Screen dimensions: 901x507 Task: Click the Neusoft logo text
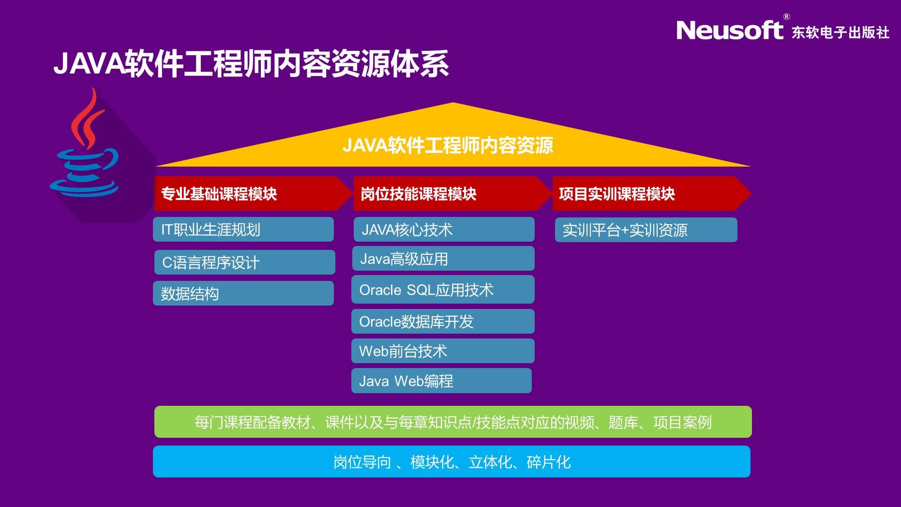click(729, 30)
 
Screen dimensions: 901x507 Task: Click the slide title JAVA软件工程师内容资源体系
click(251, 63)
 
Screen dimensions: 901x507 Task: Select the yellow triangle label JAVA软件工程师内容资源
click(448, 145)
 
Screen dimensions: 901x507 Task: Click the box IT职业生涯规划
click(243, 229)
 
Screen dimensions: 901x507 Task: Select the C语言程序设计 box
click(245, 262)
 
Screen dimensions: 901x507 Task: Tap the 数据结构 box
click(243, 293)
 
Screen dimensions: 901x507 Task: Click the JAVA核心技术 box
click(444, 229)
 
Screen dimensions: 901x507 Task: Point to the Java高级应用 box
click(443, 259)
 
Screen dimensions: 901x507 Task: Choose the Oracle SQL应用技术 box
click(443, 289)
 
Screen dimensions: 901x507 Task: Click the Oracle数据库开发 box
click(443, 321)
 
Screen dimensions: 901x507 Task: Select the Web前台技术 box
click(443, 351)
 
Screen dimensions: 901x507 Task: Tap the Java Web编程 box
click(441, 381)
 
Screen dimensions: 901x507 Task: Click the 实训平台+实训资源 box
click(646, 230)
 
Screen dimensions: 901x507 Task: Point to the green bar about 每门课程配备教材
click(453, 422)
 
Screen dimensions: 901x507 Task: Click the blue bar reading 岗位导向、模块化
click(451, 461)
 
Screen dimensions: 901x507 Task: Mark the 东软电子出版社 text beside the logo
click(841, 32)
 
